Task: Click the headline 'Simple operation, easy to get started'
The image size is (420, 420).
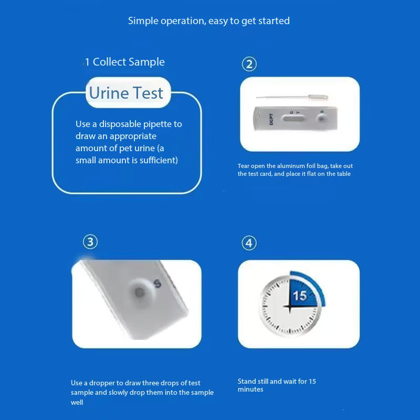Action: tap(208, 21)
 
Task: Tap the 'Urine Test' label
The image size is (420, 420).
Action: tap(126, 93)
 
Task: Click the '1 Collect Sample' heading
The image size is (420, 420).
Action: tap(125, 62)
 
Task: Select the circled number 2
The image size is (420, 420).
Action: tap(249, 64)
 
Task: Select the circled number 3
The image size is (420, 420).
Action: tap(90, 242)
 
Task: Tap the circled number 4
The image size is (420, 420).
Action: tap(249, 243)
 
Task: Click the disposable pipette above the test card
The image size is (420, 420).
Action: tap(292, 98)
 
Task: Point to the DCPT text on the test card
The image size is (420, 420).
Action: tap(271, 119)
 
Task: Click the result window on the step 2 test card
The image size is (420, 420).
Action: tap(294, 119)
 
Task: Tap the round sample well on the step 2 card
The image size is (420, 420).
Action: tap(321, 119)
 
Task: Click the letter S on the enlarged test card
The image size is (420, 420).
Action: tap(158, 283)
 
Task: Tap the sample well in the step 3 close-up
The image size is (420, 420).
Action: tap(139, 292)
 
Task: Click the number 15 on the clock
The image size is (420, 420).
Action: tap(299, 296)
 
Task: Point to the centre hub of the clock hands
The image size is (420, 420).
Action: tap(290, 306)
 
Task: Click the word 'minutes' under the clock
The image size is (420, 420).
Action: tap(250, 389)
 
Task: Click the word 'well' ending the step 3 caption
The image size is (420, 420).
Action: tap(77, 402)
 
